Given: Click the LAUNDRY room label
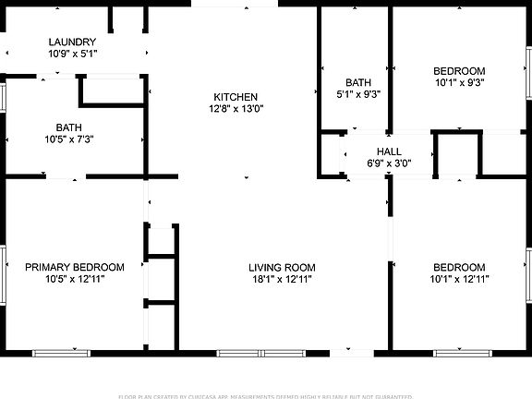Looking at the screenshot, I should coord(72,42).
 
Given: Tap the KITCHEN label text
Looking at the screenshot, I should coord(236,97).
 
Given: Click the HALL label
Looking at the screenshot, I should coord(388,151).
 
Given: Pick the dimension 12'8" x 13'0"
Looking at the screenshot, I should coord(236,108).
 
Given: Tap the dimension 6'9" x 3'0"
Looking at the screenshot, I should coord(388,163).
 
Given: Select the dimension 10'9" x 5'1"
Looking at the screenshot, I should coord(72,54).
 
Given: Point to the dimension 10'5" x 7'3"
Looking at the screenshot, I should coord(68,140).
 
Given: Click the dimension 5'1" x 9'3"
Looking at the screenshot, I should coord(358,93).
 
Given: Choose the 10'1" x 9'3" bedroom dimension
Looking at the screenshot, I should coord(459,82).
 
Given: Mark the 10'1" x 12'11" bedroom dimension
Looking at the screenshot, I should coord(459,279).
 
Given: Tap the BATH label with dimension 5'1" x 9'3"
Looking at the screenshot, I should coord(358,82).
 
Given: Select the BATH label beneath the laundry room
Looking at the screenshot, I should coord(68,128).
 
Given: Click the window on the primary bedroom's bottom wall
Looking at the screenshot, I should coord(62,353).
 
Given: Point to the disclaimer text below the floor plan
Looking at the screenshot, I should coord(266,395).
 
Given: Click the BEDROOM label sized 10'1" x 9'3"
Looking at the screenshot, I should coord(459,71).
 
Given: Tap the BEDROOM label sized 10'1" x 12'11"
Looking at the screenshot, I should coord(459,268).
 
